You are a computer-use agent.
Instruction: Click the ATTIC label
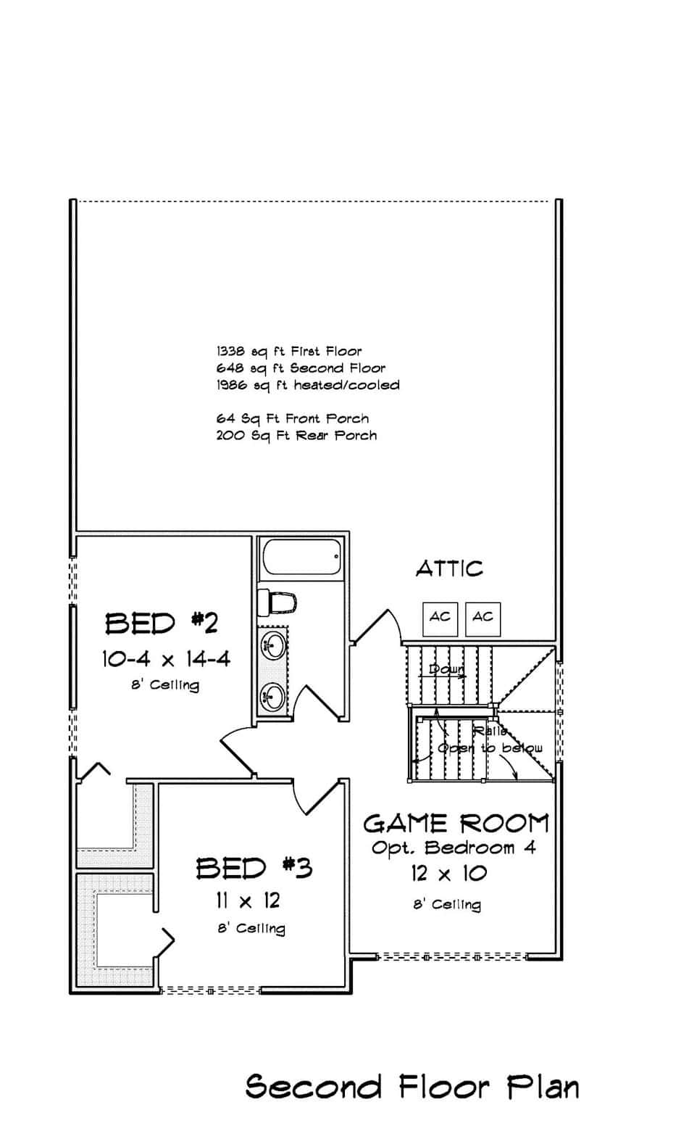(x=449, y=568)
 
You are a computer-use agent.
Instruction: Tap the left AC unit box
(x=440, y=618)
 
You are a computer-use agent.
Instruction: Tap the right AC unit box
(x=483, y=618)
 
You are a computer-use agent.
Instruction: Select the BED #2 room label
(x=162, y=623)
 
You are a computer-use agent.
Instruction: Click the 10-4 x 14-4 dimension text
(x=166, y=659)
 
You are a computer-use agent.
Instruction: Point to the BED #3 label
(x=254, y=868)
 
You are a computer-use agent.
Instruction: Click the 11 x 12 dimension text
(x=248, y=901)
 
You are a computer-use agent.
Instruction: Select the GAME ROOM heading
(x=456, y=824)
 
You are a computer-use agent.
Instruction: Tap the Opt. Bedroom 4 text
(x=454, y=848)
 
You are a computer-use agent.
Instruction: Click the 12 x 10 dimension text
(x=448, y=874)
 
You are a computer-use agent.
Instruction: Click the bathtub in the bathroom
(x=300, y=558)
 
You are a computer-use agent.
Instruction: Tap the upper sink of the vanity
(x=273, y=643)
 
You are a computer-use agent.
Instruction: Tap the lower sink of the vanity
(x=273, y=695)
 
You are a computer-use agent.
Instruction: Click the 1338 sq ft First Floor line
(x=289, y=352)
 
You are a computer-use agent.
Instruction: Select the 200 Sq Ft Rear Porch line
(x=296, y=436)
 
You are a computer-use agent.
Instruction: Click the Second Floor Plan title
(x=412, y=1087)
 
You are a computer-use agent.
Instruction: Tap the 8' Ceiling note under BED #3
(x=251, y=929)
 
